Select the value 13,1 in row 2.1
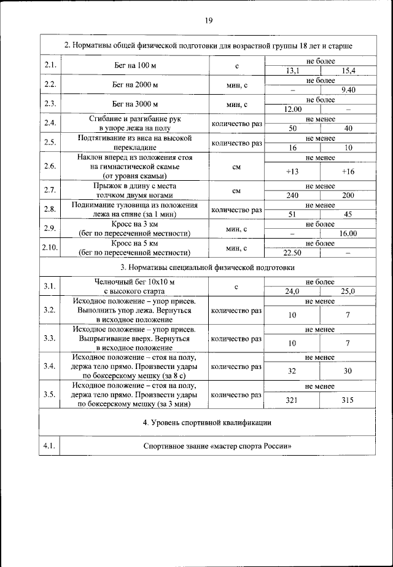[x=292, y=71]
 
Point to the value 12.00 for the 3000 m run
[x=292, y=109]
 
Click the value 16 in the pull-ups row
[x=292, y=148]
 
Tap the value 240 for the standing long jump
[x=292, y=195]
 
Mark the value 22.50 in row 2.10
[x=292, y=253]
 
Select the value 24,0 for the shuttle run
[x=292, y=291]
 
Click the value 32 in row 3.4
[x=292, y=371]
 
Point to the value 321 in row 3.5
[x=292, y=400]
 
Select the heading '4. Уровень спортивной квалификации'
[x=208, y=423]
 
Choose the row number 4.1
[x=50, y=446]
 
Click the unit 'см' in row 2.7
[x=236, y=191]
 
